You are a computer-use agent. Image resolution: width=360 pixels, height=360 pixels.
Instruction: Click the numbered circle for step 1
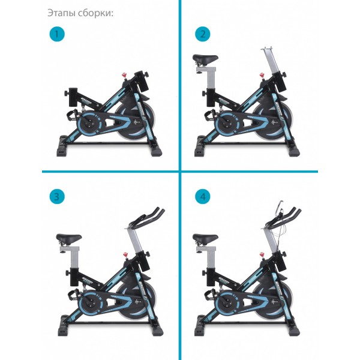coord(57,34)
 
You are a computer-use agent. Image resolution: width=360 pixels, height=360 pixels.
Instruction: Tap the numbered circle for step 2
coord(203,34)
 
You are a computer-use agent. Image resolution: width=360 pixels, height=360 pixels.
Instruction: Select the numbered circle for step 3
coord(57,197)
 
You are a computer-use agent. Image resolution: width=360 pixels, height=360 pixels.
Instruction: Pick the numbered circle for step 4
coord(203,197)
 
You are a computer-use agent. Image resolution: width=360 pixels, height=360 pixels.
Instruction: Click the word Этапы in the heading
coord(62,13)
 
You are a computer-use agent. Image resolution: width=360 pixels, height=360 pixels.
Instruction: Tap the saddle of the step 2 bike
coord(205,59)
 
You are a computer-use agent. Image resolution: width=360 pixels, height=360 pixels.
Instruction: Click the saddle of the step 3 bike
coord(69,238)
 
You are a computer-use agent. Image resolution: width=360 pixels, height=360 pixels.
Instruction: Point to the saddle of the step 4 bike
coord(205,238)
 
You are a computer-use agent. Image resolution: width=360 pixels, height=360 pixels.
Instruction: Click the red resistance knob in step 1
coord(124,75)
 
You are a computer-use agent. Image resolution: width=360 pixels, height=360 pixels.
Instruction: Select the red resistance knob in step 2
coord(262,75)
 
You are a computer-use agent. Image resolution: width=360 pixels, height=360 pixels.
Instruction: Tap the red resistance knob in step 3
coord(125,254)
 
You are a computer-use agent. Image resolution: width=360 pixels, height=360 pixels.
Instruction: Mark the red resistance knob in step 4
coord(262,254)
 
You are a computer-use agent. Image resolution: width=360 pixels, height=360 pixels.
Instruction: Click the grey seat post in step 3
coord(74,257)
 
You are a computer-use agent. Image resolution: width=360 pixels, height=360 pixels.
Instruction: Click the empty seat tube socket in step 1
coord(73,97)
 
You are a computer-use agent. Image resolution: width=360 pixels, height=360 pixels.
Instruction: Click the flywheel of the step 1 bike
coord(136,122)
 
